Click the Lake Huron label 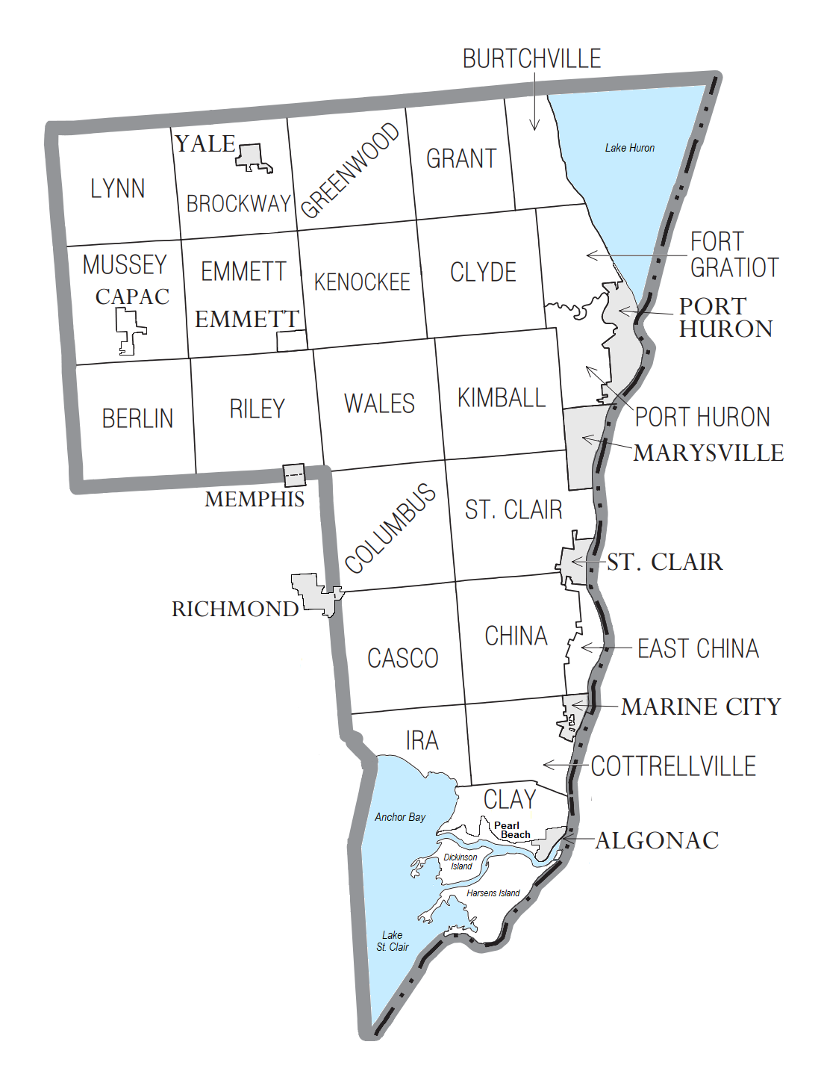[x=629, y=148]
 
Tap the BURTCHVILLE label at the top [x=531, y=59]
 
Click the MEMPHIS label [x=255, y=499]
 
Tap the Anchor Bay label [x=400, y=817]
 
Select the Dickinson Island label [x=461, y=862]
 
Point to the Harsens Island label [x=493, y=893]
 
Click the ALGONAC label [x=657, y=840]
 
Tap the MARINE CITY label [x=701, y=707]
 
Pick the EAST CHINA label [x=698, y=648]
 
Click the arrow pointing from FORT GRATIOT [x=634, y=255]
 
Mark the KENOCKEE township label [x=362, y=282]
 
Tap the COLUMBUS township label [x=390, y=527]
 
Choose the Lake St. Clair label [x=392, y=941]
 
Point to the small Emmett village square [x=291, y=341]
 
